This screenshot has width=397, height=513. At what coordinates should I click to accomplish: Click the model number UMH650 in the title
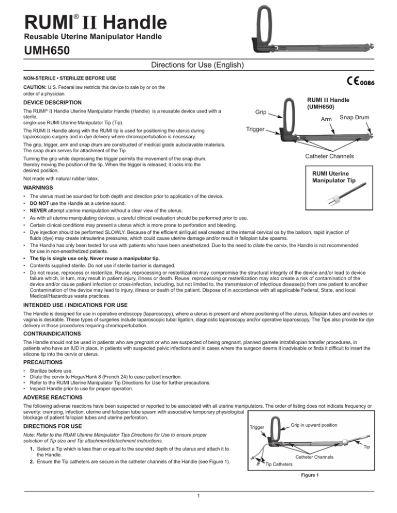click(x=38, y=52)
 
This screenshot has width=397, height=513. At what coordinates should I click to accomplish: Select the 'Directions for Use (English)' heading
click(x=198, y=66)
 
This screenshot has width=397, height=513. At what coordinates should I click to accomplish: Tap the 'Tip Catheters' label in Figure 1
click(x=279, y=450)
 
